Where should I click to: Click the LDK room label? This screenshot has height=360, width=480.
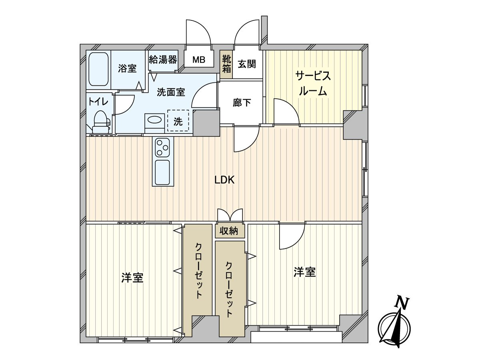(224, 180)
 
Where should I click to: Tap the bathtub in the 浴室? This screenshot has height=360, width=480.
(98, 69)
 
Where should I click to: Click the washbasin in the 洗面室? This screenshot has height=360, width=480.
(154, 120)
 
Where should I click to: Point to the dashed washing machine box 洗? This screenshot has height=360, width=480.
(178, 120)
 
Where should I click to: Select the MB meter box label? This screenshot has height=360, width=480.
(199, 60)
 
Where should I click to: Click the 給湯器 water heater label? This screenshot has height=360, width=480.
(163, 60)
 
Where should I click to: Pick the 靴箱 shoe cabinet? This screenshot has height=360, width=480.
(226, 64)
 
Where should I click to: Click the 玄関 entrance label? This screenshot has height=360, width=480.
(247, 64)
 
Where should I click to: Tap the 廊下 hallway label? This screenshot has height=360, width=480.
(242, 103)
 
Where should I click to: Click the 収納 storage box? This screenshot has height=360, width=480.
(229, 231)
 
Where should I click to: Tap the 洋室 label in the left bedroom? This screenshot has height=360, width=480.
(132, 278)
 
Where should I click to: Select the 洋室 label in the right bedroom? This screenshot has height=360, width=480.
(305, 272)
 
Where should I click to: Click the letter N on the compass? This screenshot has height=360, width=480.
(402, 303)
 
